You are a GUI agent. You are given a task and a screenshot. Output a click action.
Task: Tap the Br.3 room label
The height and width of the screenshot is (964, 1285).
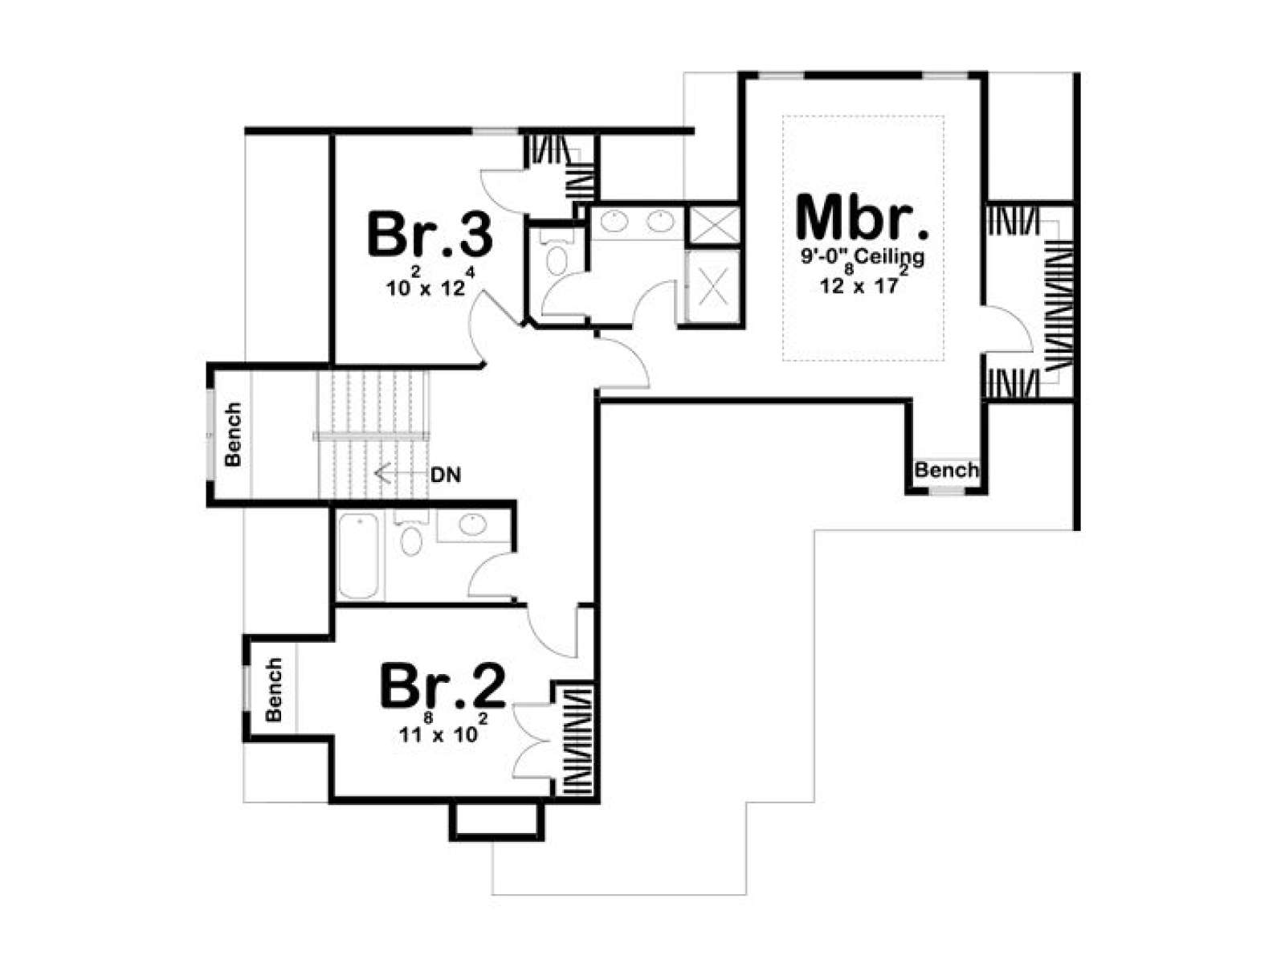pyautogui.click(x=430, y=234)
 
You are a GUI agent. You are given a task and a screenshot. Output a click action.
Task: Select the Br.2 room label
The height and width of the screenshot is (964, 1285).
pyautogui.click(x=443, y=685)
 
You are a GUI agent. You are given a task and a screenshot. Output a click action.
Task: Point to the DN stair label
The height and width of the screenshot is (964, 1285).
pyautogui.click(x=446, y=475)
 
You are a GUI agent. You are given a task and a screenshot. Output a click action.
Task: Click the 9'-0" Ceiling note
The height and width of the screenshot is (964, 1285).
pyautogui.click(x=863, y=257)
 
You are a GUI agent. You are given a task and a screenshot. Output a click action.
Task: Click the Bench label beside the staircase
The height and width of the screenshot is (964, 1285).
pyautogui.click(x=233, y=434)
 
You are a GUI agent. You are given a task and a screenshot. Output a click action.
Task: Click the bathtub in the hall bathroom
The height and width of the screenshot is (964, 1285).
pyautogui.click(x=358, y=555)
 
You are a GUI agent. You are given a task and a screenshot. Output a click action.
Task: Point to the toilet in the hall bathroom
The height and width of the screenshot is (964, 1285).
pyautogui.click(x=411, y=535)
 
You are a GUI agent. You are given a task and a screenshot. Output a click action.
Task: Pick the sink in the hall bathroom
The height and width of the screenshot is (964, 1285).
pyautogui.click(x=472, y=524)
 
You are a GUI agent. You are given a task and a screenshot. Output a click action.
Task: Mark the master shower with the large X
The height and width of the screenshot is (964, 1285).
pyautogui.click(x=712, y=286)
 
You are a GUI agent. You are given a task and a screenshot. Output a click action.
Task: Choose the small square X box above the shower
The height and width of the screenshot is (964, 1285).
pyautogui.click(x=713, y=223)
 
